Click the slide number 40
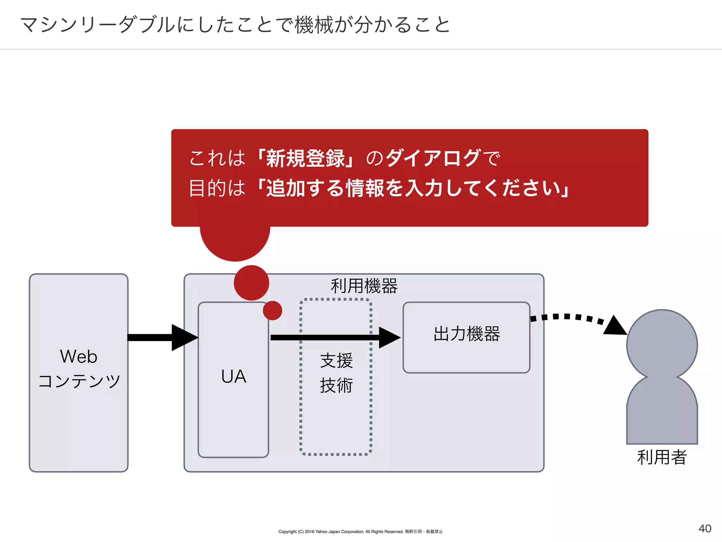click(x=705, y=528)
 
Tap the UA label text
click(x=234, y=377)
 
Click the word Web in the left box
click(x=79, y=356)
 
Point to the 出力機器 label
click(x=467, y=334)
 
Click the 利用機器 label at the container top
click(x=364, y=286)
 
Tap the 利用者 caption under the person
click(x=662, y=457)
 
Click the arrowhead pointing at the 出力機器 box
click(x=389, y=337)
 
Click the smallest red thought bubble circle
click(x=273, y=311)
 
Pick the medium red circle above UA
click(x=251, y=283)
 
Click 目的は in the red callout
click(x=217, y=188)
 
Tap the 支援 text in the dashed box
click(x=336, y=361)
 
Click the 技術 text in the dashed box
click(x=336, y=385)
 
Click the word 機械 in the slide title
click(x=313, y=25)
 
